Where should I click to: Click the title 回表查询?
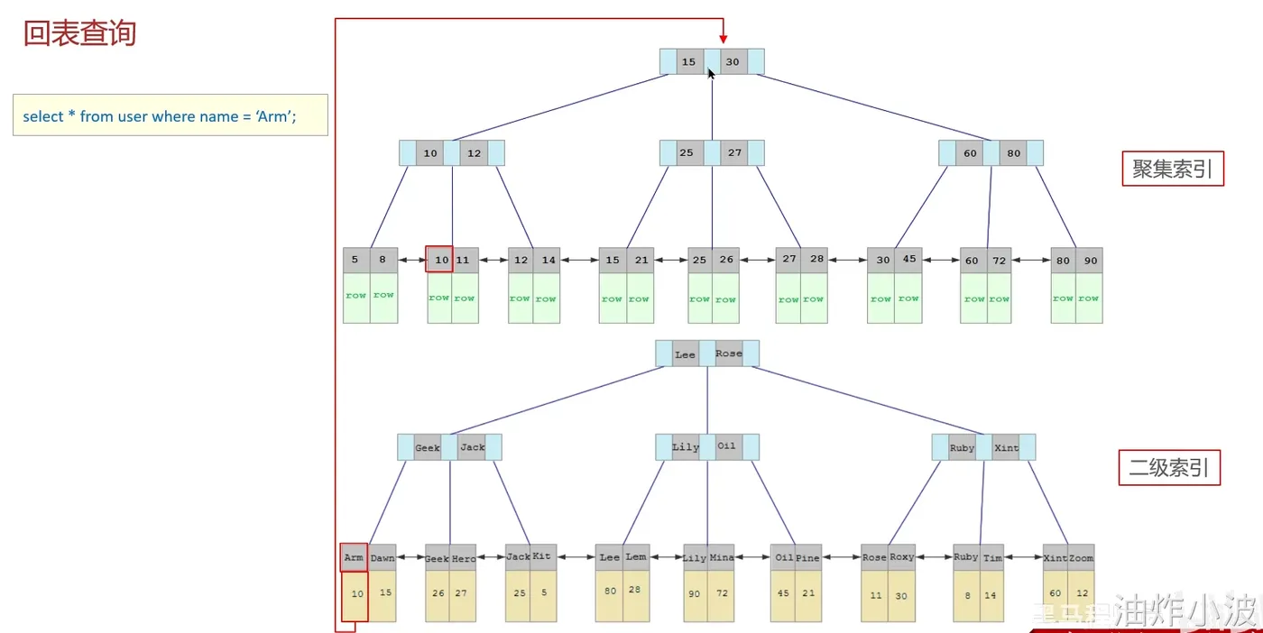click(x=79, y=34)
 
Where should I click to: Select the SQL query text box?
click(x=170, y=115)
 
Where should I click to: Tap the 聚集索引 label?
click(x=1172, y=169)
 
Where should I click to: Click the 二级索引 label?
click(x=1169, y=468)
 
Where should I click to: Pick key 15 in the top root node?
click(x=689, y=62)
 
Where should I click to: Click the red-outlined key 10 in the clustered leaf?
click(x=440, y=260)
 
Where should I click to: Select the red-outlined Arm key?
click(x=354, y=558)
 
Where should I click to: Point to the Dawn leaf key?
click(x=383, y=558)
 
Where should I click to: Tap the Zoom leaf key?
click(x=1082, y=558)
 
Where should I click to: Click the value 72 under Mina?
click(x=722, y=592)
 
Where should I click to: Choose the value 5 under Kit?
click(x=543, y=592)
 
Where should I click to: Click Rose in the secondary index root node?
click(x=729, y=353)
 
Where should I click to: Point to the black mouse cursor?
click(x=711, y=72)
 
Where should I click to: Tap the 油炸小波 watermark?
click(x=1185, y=611)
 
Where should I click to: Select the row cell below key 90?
click(x=1089, y=298)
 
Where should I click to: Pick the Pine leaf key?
click(x=808, y=558)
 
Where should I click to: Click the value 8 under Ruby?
click(x=966, y=595)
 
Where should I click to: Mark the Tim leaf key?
click(x=992, y=558)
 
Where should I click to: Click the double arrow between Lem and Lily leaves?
click(x=666, y=557)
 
